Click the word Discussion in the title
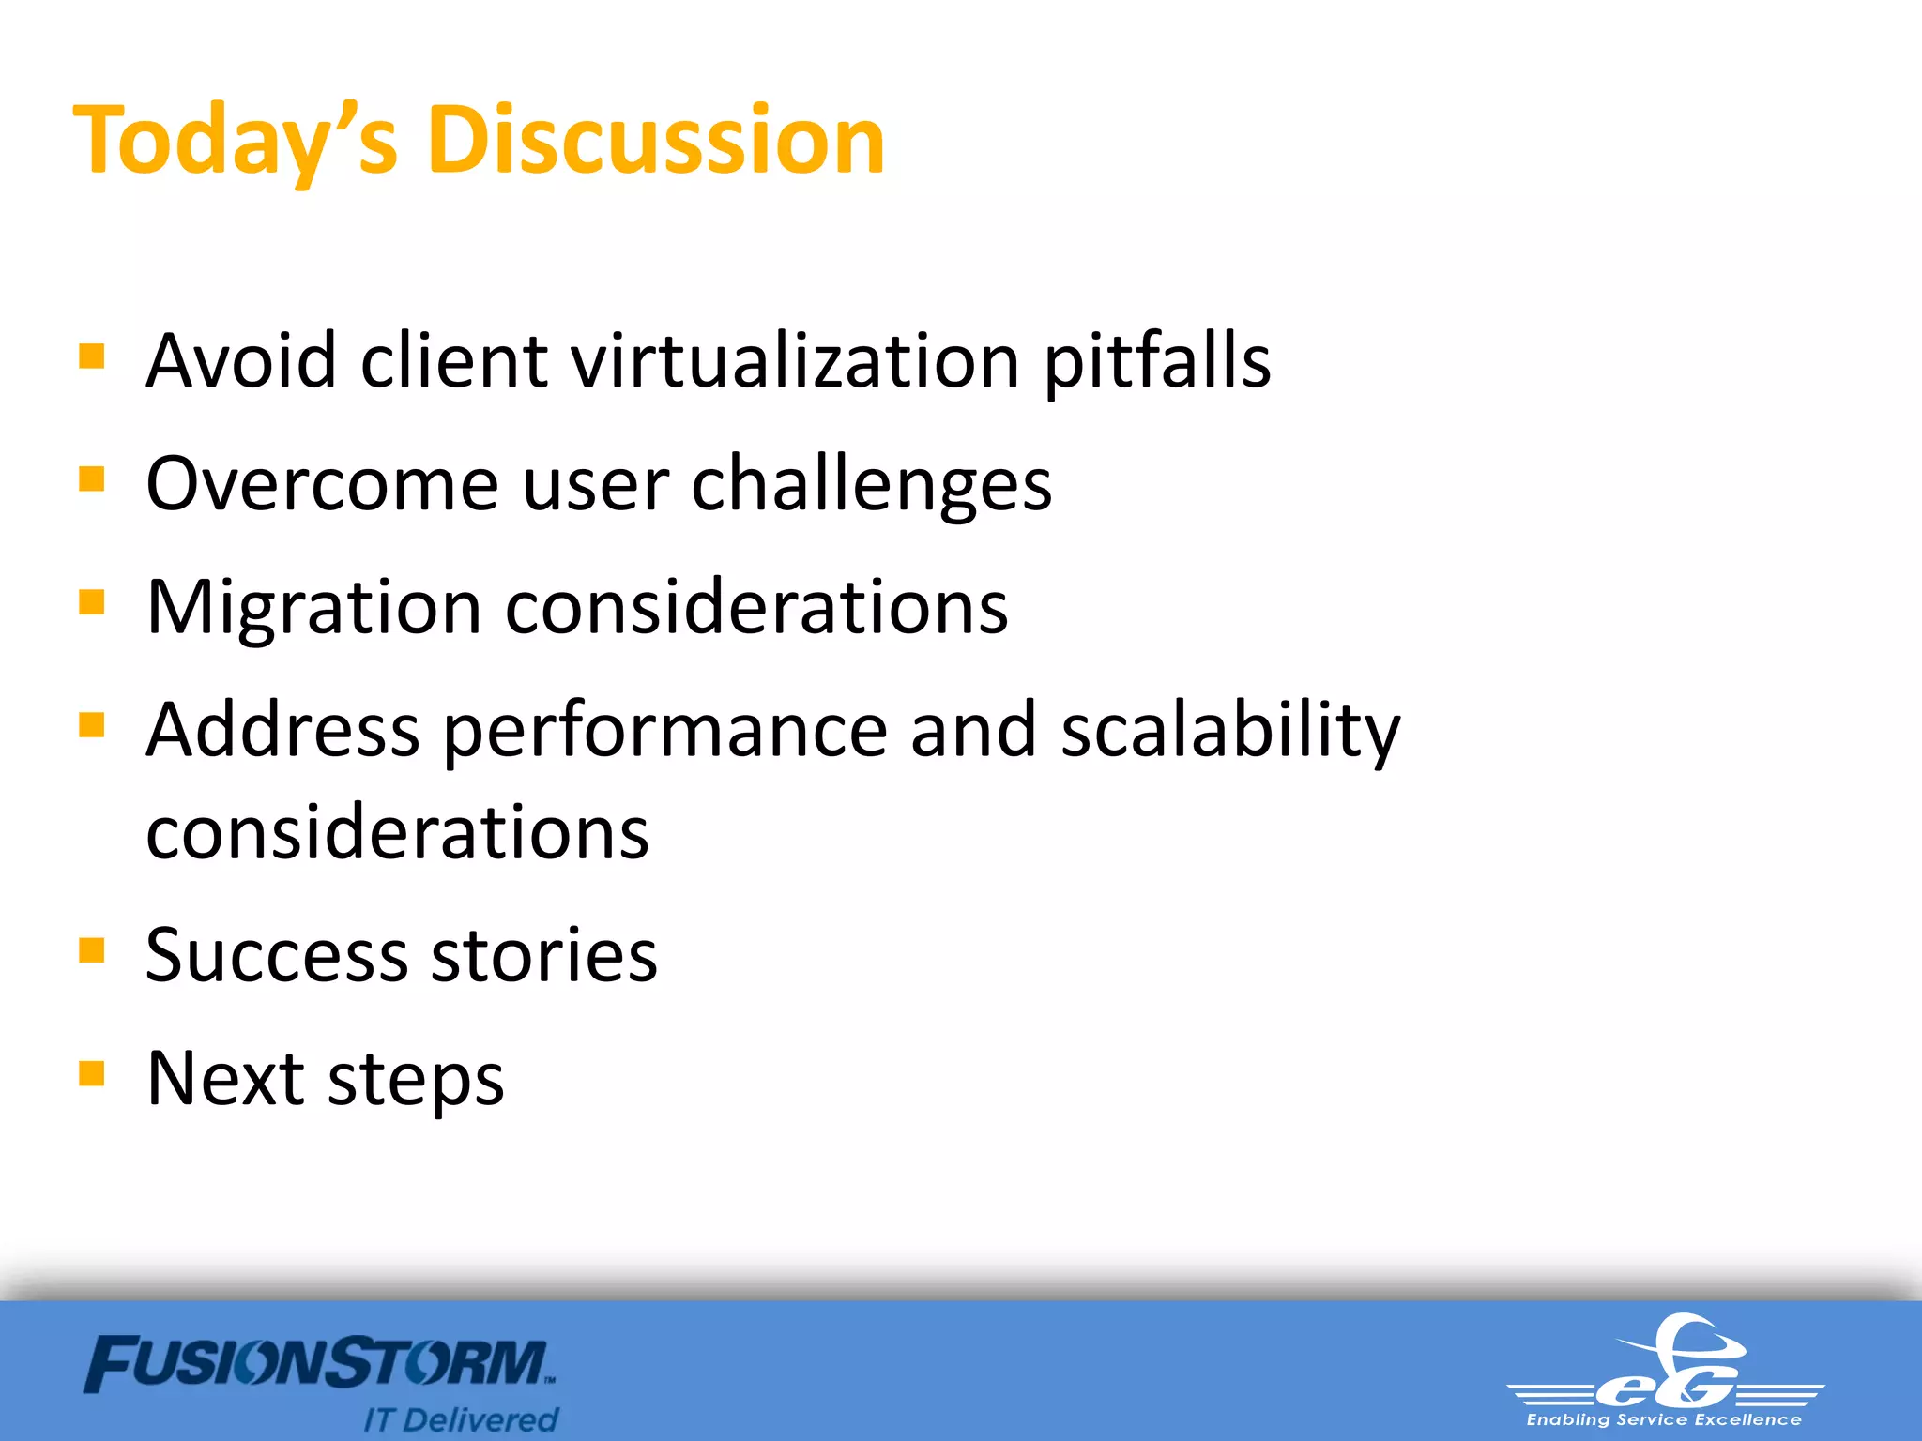click(x=656, y=141)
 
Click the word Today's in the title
click(x=236, y=141)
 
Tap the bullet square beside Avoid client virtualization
click(x=92, y=356)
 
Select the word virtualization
click(x=795, y=361)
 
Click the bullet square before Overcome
click(x=92, y=479)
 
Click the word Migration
click(x=314, y=608)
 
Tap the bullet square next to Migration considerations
click(x=92, y=601)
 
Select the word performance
click(x=664, y=731)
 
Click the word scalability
click(x=1229, y=731)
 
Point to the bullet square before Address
click(x=92, y=725)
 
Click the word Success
click(x=277, y=955)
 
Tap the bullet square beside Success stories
click(x=92, y=950)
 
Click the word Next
click(x=225, y=1078)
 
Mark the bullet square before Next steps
click(x=92, y=1072)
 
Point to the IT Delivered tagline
click(x=461, y=1419)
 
